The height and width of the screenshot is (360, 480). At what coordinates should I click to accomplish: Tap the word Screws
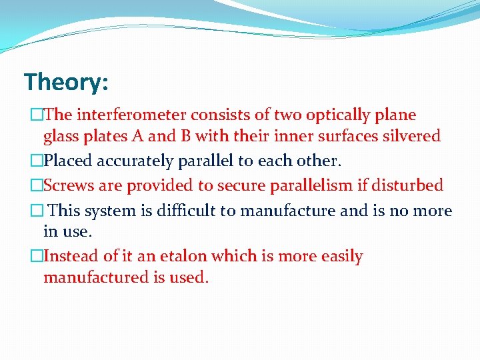pos(68,185)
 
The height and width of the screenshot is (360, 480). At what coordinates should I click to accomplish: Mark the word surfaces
pos(345,137)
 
